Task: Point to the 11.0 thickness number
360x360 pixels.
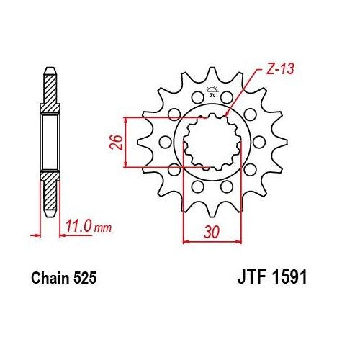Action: pos(77,228)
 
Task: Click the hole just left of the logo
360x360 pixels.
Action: pos(196,96)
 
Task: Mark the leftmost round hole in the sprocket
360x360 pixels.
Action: pos(162,141)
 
